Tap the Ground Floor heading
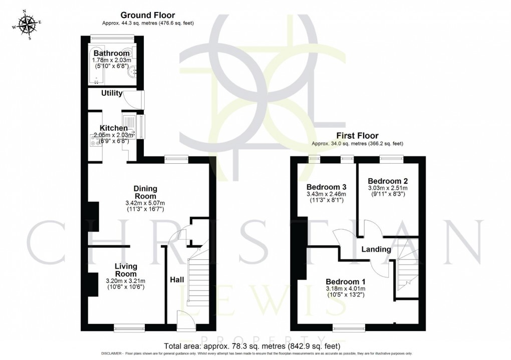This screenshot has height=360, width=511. click(x=145, y=16)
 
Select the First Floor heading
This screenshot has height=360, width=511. click(x=357, y=136)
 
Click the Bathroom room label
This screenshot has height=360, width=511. click(x=112, y=53)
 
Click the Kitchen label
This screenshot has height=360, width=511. click(x=114, y=129)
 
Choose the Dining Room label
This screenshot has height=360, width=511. click(x=145, y=192)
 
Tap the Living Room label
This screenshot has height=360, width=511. click(x=126, y=270)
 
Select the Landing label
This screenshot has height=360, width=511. click(x=376, y=249)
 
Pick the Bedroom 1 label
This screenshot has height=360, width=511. click(x=346, y=281)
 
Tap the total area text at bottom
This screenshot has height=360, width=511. click(x=252, y=346)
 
